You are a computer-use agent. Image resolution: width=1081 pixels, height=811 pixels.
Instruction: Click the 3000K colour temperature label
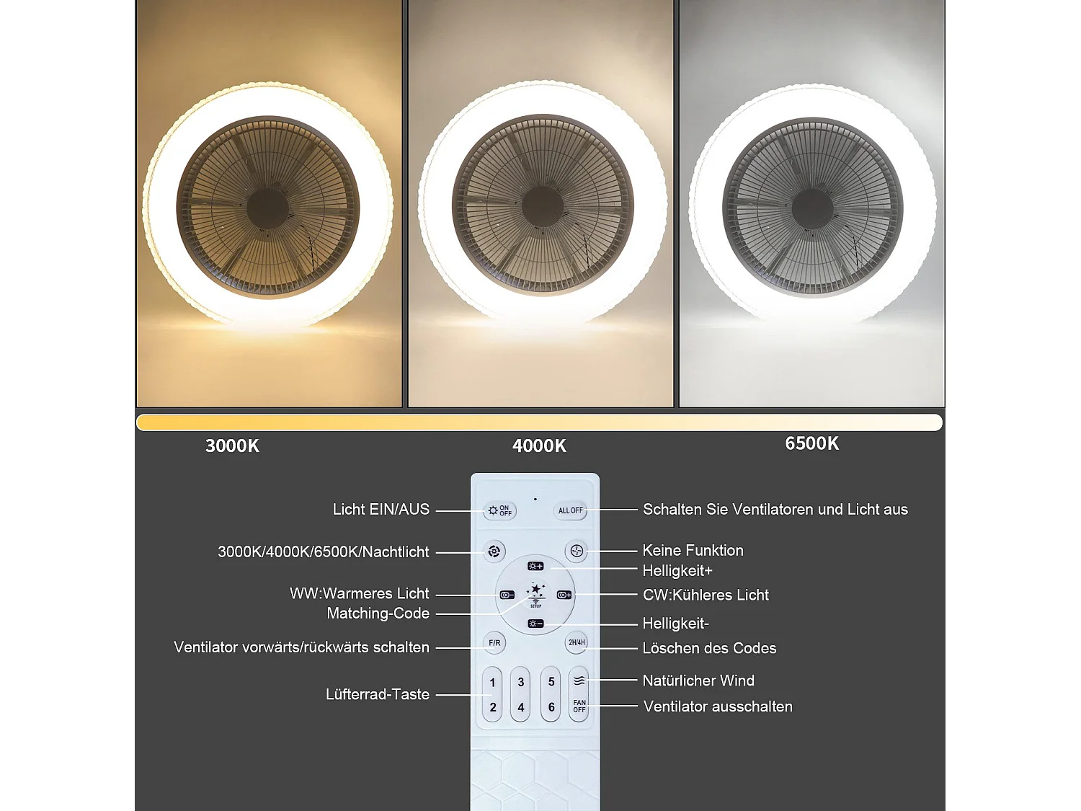(x=232, y=446)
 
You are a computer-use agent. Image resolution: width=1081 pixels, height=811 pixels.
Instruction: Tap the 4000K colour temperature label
(x=539, y=446)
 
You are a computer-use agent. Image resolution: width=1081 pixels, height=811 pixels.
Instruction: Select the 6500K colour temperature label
(x=811, y=443)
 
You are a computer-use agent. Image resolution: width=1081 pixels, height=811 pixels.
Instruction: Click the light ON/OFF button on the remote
(x=499, y=510)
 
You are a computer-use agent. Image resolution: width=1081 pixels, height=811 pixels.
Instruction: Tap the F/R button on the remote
(x=494, y=642)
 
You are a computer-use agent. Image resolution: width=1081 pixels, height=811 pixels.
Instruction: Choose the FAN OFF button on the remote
(x=579, y=706)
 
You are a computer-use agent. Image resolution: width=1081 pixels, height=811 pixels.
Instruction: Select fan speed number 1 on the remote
(x=492, y=682)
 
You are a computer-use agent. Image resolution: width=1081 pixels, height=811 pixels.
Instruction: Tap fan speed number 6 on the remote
(x=551, y=707)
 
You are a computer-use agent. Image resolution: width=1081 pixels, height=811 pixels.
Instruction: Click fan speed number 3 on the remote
(x=521, y=682)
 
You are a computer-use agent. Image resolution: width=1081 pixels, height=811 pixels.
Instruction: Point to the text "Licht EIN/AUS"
(x=381, y=510)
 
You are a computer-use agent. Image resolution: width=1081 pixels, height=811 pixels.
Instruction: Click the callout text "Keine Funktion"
(x=693, y=551)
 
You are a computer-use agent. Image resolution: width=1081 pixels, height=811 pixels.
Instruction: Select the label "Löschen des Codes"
(x=709, y=648)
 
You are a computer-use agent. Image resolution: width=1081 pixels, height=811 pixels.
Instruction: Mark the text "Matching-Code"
(x=378, y=613)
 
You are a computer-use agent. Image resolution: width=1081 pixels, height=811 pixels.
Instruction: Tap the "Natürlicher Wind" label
(x=698, y=681)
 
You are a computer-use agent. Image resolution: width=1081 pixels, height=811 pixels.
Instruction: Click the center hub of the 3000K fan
(x=268, y=208)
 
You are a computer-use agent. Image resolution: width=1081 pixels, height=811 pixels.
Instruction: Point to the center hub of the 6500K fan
(x=812, y=208)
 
